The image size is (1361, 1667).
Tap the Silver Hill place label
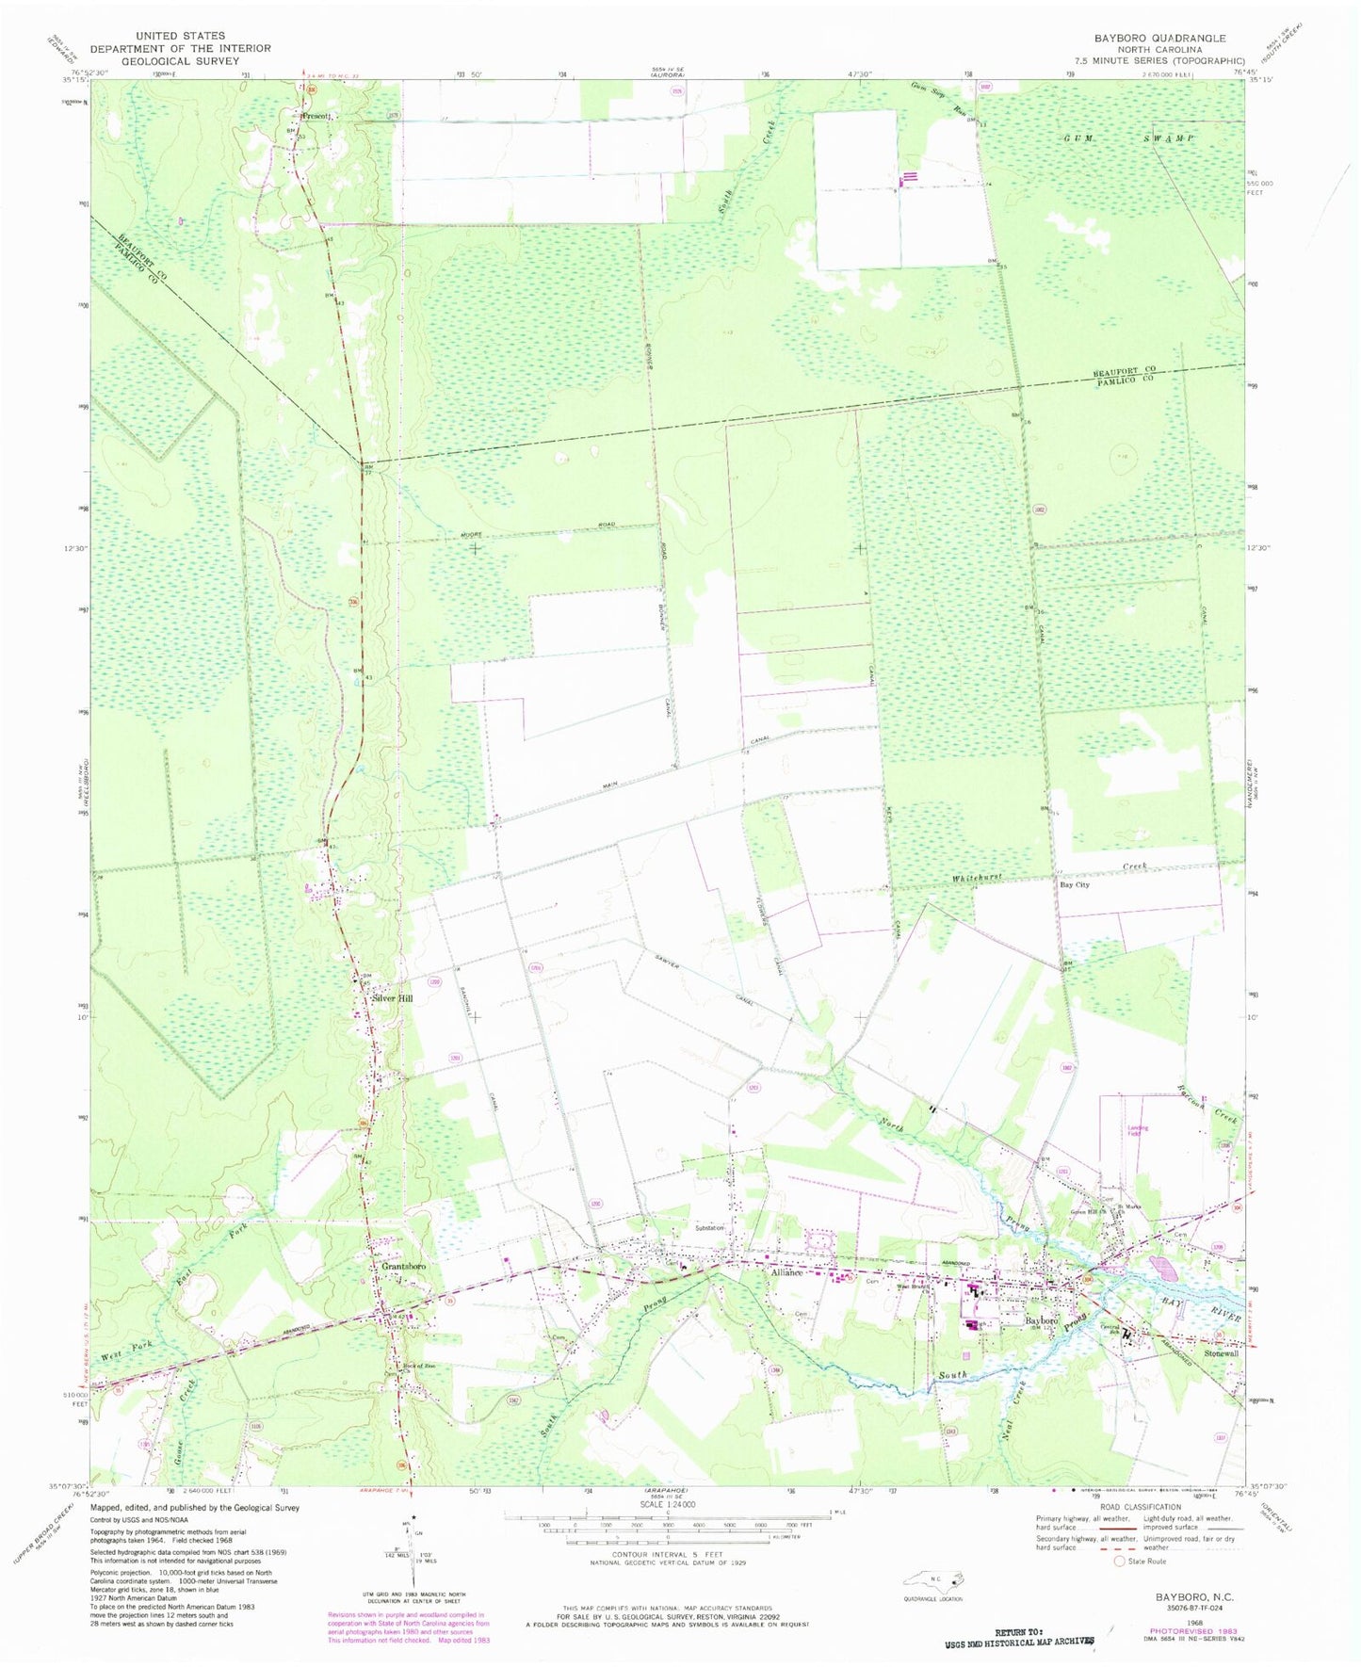click(394, 998)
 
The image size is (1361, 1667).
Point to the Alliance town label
click(786, 1272)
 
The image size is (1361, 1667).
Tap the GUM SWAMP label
click(1129, 138)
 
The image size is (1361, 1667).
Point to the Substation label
click(710, 1228)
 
